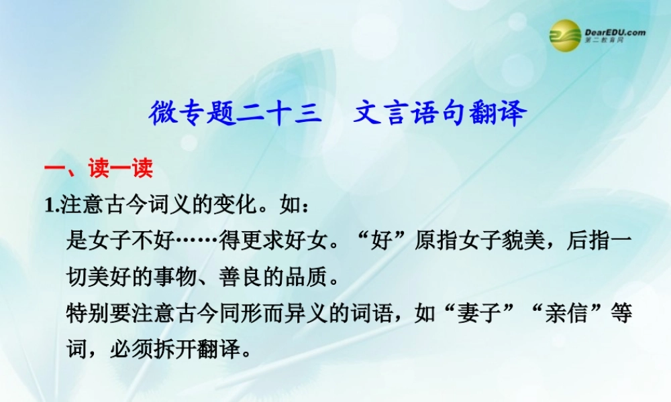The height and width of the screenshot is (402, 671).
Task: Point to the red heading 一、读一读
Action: pyautogui.click(x=98, y=168)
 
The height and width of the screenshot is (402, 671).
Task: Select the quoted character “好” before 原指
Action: pyautogui.click(x=381, y=241)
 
